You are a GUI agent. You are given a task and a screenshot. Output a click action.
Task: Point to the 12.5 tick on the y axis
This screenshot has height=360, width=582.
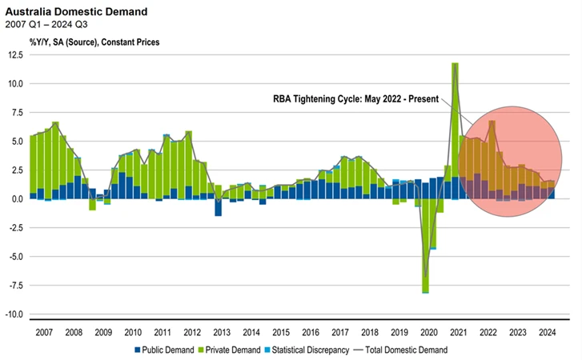click(x=16, y=54)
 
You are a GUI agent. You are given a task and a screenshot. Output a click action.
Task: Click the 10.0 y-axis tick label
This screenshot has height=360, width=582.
click(x=16, y=83)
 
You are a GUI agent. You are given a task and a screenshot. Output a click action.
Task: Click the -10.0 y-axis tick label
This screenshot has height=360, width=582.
click(x=14, y=314)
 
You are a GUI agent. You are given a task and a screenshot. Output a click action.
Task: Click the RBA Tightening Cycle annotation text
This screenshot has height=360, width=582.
click(x=356, y=100)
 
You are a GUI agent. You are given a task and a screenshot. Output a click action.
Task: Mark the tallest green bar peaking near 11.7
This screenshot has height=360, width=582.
click(x=455, y=120)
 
